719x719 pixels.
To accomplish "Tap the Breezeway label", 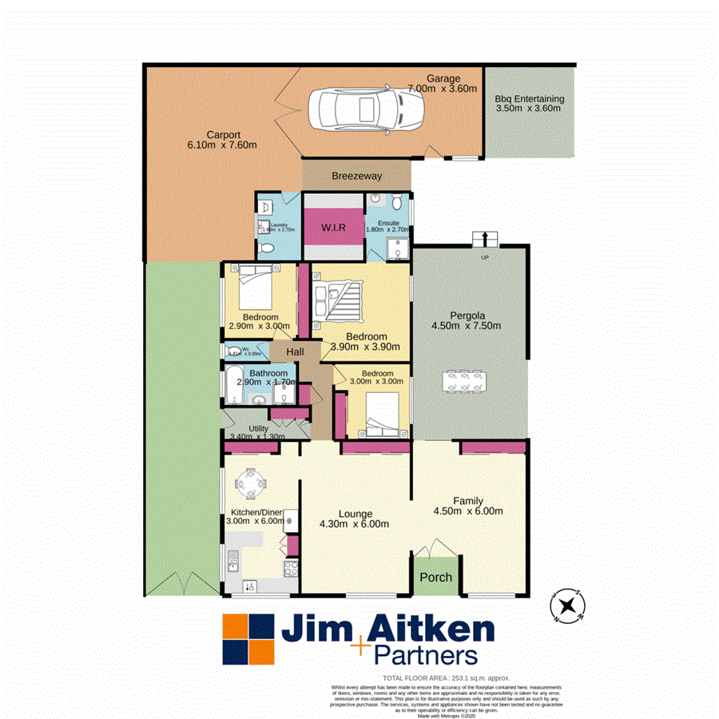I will pos(356,176).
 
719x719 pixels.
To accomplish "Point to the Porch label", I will pos(435,577).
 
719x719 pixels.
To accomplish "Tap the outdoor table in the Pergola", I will pos(464,380).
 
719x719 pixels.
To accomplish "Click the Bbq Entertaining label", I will pos(529,99).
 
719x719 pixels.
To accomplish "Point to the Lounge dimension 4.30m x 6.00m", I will pos(355,524).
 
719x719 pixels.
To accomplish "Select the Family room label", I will pos(468,501).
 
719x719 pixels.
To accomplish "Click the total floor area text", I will pos(446,677).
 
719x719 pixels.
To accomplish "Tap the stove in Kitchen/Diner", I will pos(292,570).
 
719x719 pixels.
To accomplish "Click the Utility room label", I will pos(258,429).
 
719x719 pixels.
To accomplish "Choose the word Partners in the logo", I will pos(426,655).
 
